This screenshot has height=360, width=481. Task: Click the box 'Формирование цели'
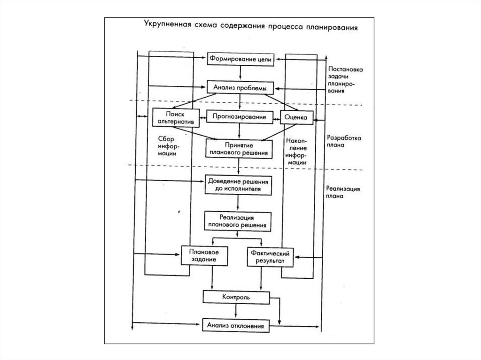pyautogui.click(x=240, y=60)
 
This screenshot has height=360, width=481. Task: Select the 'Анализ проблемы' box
pyautogui.click(x=240, y=88)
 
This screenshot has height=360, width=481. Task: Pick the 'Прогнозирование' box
pyautogui.click(x=240, y=116)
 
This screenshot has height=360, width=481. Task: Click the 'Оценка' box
pyautogui.click(x=296, y=117)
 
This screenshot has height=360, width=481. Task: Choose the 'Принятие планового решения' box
pyautogui.click(x=240, y=149)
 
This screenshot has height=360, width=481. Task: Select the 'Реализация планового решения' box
pyautogui.click(x=238, y=221)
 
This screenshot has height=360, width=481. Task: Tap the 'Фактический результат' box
pyautogui.click(x=270, y=256)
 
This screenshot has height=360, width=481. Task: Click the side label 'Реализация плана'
pyautogui.click(x=343, y=193)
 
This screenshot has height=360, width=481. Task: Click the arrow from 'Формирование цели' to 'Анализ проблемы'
pyautogui.click(x=240, y=73)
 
